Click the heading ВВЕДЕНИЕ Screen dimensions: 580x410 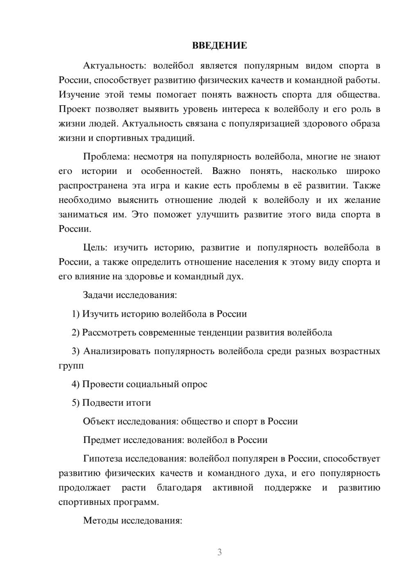pos(219,46)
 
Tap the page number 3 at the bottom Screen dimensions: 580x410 pos(219,552)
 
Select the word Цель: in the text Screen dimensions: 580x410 pos(95,248)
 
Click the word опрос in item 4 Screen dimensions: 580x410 pos(194,384)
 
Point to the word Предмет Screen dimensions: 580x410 pos(102,440)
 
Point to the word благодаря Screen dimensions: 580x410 pos(179,488)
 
